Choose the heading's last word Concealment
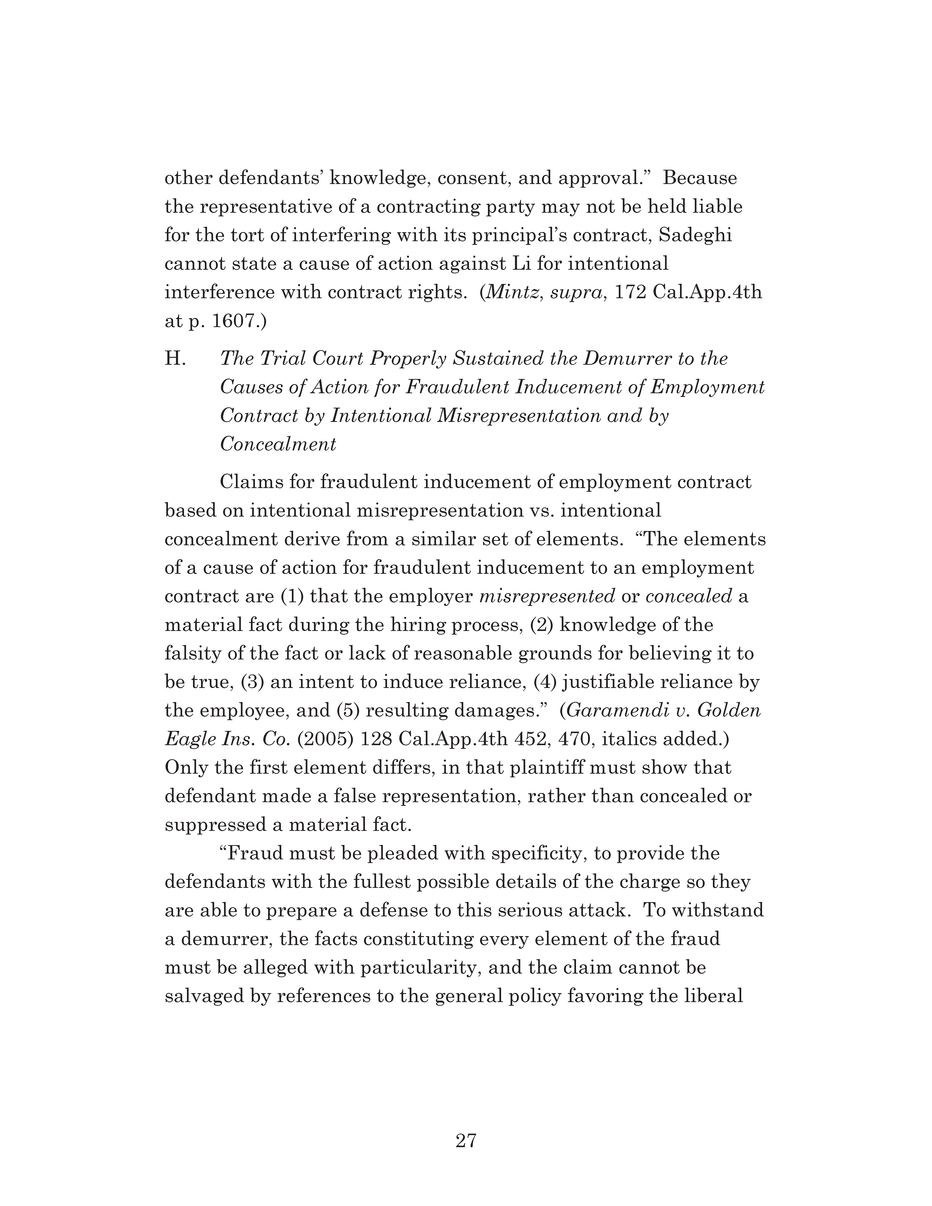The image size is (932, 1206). (x=278, y=445)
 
